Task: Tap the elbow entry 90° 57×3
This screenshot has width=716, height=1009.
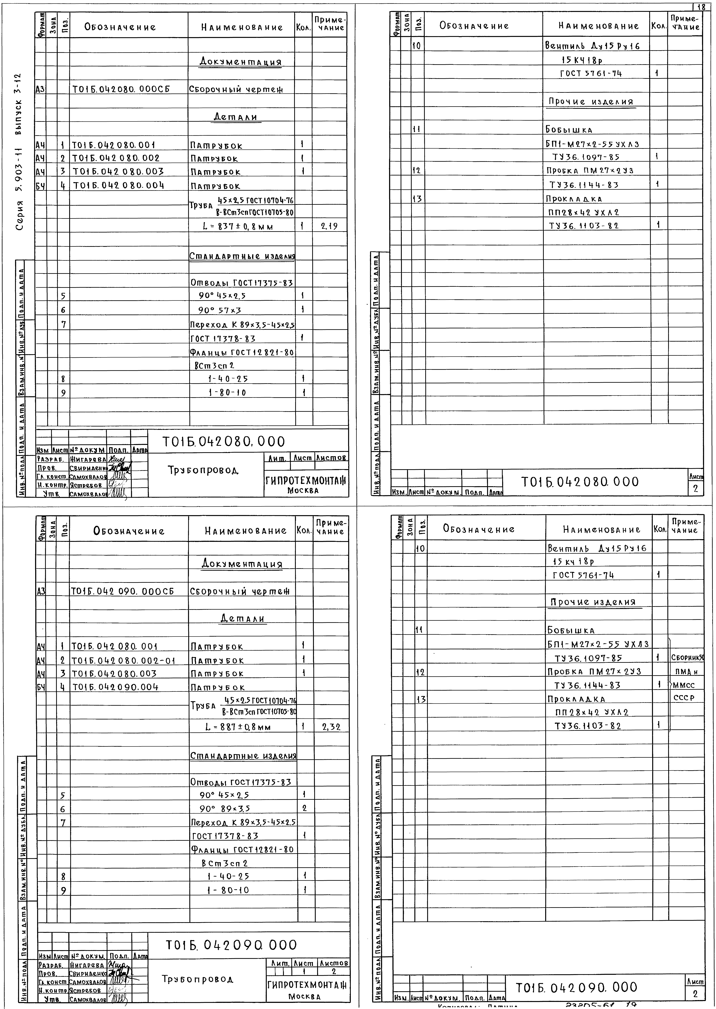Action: tap(220, 310)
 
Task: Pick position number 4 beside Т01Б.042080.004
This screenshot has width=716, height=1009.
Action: tap(63, 186)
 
